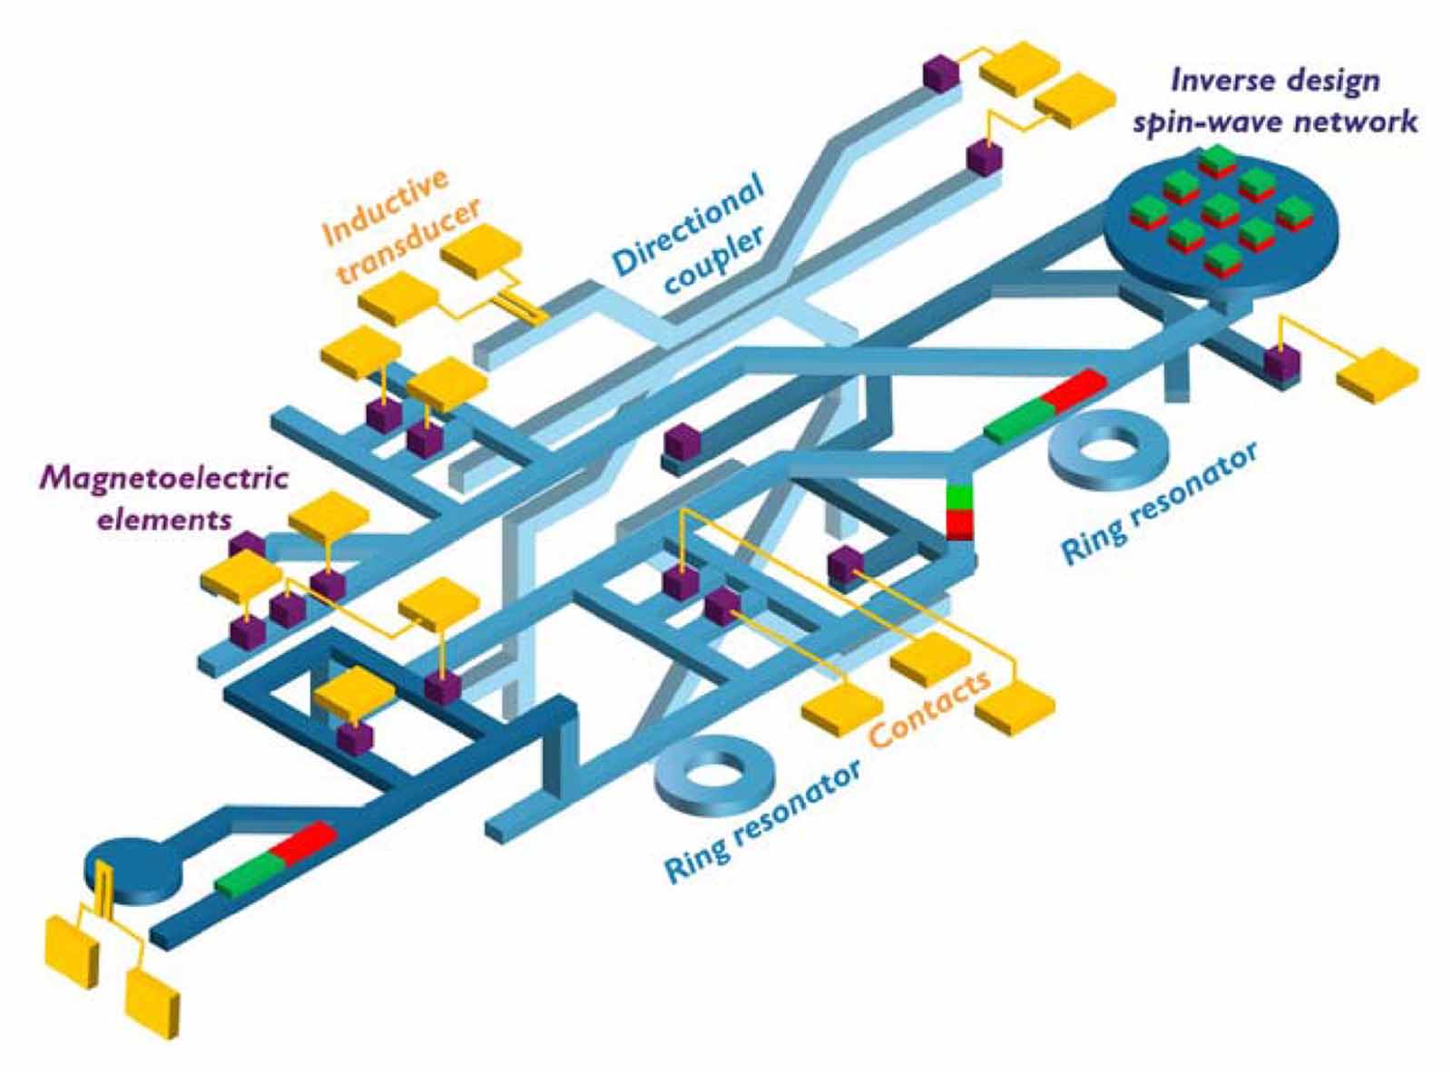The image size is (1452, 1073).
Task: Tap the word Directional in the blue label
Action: [688, 227]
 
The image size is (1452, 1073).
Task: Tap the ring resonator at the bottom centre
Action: [710, 775]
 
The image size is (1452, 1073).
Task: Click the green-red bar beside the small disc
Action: [275, 857]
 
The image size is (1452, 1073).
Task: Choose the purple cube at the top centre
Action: [940, 74]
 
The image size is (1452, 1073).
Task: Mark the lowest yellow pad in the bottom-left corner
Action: [152, 1001]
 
